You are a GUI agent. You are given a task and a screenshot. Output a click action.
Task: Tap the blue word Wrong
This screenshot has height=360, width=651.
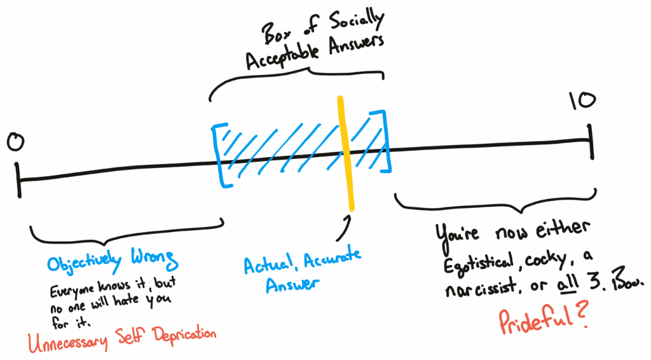click(154, 260)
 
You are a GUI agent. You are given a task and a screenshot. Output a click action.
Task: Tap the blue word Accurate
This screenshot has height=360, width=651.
click(333, 258)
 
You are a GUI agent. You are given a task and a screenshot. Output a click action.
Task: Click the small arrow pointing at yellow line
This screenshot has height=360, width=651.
click(346, 222)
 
